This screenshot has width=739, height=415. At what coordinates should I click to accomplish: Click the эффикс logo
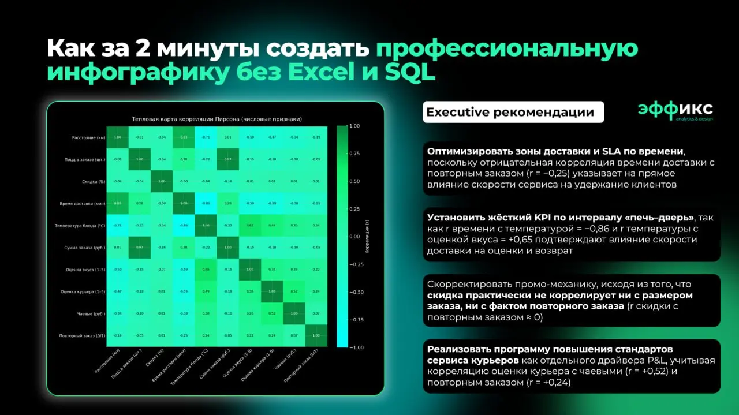675,110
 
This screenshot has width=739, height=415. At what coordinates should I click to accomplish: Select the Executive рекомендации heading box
513,112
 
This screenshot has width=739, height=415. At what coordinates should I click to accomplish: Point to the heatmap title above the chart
217,119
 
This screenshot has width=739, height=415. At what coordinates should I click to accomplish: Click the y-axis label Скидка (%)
93,181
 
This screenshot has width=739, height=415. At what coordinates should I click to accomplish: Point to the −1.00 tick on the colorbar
356,347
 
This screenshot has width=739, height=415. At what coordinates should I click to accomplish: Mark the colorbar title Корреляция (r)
367,237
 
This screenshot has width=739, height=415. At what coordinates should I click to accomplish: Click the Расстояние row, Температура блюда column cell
206,137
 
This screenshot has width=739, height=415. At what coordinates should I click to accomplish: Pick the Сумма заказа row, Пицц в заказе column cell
139,248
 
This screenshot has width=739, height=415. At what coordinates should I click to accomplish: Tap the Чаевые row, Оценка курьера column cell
273,313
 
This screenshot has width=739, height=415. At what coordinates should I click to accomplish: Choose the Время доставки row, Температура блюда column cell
206,203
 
